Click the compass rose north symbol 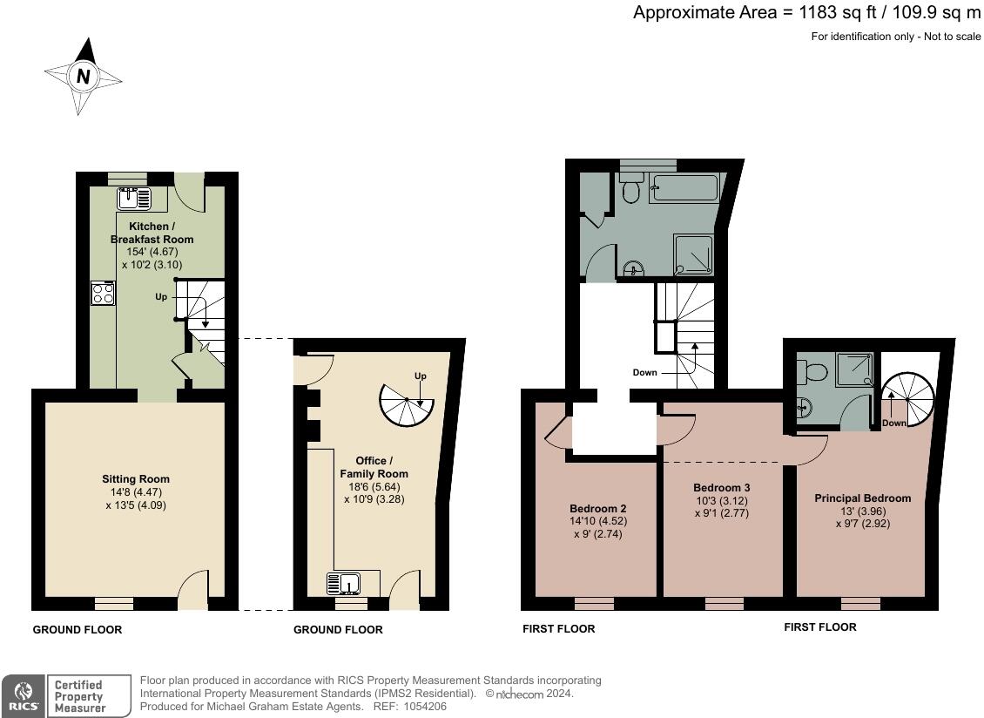(x=83, y=77)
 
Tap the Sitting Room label (x=136, y=479)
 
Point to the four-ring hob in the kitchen (x=102, y=293)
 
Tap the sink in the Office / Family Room (x=347, y=582)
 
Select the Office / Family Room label (x=374, y=467)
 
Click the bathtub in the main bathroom (x=684, y=188)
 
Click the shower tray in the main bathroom (x=693, y=254)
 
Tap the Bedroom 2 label (x=598, y=509)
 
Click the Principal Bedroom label (x=862, y=498)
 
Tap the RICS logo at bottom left (x=21, y=695)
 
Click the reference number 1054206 (x=425, y=707)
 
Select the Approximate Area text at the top (x=806, y=13)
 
